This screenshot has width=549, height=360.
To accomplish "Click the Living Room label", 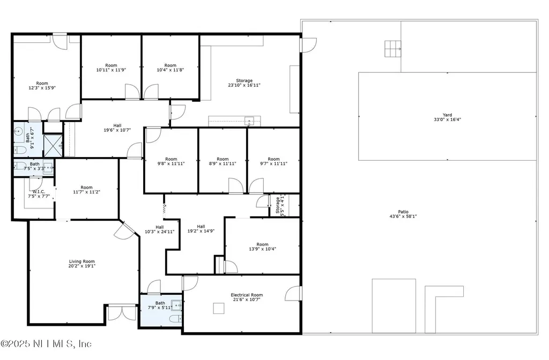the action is pyautogui.click(x=82, y=264).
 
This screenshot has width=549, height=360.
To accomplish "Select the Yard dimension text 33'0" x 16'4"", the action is pyautogui.click(x=447, y=119).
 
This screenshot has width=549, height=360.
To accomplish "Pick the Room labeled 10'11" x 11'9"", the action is pyautogui.click(x=111, y=67).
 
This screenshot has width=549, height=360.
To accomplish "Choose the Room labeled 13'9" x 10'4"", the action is pyautogui.click(x=262, y=246).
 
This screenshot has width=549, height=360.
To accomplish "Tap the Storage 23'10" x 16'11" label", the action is pyautogui.click(x=244, y=83).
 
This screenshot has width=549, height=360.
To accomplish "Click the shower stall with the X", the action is pyautogui.click(x=53, y=146).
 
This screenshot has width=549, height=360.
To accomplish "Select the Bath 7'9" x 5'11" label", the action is pyautogui.click(x=160, y=305).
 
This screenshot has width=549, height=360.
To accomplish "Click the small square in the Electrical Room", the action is pyautogui.click(x=219, y=308).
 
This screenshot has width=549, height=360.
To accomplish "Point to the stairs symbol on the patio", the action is pyautogui.click(x=393, y=49).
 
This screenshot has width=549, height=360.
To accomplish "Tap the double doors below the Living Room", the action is pyautogui.click(x=122, y=312).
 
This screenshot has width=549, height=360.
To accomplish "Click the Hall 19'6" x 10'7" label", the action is pyautogui.click(x=117, y=127).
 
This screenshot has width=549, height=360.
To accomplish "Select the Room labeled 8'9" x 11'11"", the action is pyautogui.click(x=222, y=161).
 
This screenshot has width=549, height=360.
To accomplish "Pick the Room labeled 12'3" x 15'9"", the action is pyautogui.click(x=42, y=86).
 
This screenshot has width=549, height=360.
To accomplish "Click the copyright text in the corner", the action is pyautogui.click(x=46, y=344).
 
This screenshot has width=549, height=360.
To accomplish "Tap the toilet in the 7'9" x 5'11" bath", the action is pyautogui.click(x=175, y=319).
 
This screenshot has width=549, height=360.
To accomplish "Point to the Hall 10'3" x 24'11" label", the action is pyautogui.click(x=159, y=229).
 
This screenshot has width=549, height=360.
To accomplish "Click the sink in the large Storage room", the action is pyautogui.click(x=249, y=121).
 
